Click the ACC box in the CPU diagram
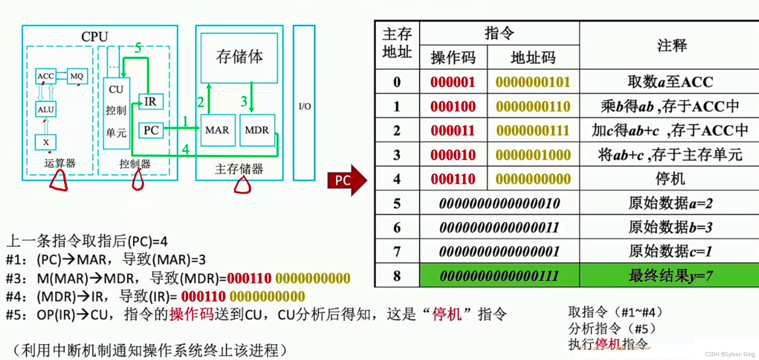click(x=46, y=76)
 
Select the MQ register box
click(x=77, y=76)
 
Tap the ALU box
click(x=46, y=110)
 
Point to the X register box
click(x=46, y=142)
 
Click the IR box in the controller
click(x=151, y=102)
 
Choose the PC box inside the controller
click(x=151, y=130)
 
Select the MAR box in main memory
click(x=217, y=130)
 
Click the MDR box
click(x=257, y=130)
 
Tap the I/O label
click(x=304, y=106)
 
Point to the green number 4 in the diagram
click(x=185, y=149)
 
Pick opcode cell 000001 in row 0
click(x=453, y=82)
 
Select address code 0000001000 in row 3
click(x=533, y=155)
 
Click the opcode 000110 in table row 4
click(x=453, y=179)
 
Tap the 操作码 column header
click(x=453, y=58)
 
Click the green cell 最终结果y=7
click(x=670, y=276)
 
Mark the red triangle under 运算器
click(x=59, y=181)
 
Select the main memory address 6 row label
click(x=397, y=227)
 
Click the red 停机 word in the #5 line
click(x=446, y=314)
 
